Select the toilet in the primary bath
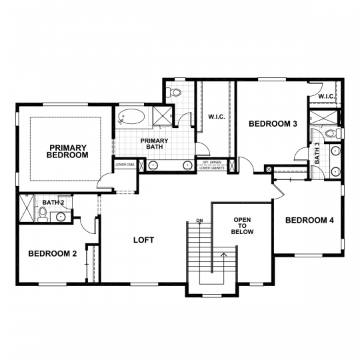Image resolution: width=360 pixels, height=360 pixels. click(x=175, y=93)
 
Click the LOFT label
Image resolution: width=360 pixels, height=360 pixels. click(x=143, y=239)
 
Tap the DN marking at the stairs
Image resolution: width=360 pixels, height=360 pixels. click(x=199, y=221)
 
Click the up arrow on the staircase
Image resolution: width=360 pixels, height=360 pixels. click(x=224, y=254)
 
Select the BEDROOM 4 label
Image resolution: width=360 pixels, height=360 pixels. click(x=309, y=221)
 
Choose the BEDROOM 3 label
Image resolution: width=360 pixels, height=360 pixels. click(x=272, y=124)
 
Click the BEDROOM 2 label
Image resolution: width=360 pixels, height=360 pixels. click(x=52, y=253)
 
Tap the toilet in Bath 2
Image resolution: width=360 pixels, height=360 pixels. click(x=43, y=213)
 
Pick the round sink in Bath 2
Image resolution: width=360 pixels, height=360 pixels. click(x=61, y=216)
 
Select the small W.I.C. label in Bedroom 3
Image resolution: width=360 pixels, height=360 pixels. click(x=326, y=97)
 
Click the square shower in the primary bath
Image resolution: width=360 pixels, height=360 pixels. click(x=161, y=116)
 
